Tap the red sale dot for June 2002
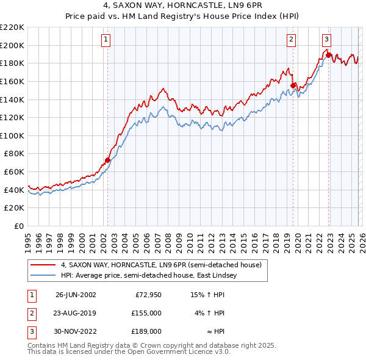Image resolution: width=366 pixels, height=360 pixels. (x=108, y=160)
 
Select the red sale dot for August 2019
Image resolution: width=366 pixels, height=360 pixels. (x=293, y=85)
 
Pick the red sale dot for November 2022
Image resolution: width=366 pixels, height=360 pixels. (x=328, y=55)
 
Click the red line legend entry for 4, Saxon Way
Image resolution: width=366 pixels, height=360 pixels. (x=161, y=265)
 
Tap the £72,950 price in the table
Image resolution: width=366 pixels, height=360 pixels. (x=148, y=295)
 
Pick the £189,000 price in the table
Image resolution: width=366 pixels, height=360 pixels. (x=146, y=331)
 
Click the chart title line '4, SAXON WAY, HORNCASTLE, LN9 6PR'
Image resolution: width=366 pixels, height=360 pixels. (x=182, y=7)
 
